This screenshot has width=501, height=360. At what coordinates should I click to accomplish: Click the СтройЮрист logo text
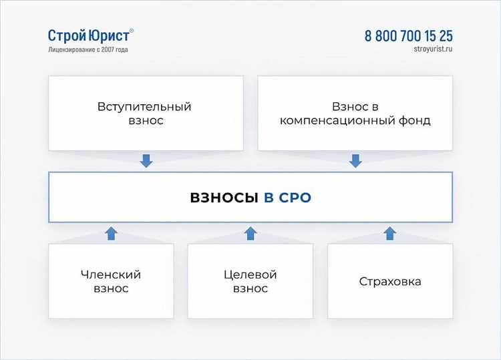(89, 36)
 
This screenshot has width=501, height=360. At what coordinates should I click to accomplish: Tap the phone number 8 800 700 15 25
(408, 36)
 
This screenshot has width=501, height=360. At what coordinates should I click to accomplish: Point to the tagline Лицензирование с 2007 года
(88, 50)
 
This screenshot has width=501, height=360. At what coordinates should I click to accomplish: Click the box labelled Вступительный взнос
(145, 114)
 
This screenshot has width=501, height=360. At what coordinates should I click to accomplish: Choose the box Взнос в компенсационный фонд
(355, 114)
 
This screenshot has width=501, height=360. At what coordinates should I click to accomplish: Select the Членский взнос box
(111, 281)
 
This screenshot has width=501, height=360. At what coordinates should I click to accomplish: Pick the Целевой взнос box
(251, 281)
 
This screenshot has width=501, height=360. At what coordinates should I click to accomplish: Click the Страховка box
(390, 281)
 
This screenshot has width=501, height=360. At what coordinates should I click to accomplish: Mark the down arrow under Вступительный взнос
(146, 161)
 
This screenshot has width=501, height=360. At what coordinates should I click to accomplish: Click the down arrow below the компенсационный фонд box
(356, 161)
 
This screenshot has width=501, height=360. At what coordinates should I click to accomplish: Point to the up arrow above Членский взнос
(111, 233)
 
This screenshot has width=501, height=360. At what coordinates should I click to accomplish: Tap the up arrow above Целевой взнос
(251, 233)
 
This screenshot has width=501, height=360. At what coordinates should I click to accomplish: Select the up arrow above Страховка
(390, 233)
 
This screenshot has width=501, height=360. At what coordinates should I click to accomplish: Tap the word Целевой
(251, 275)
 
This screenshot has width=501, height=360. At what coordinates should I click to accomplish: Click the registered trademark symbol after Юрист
(132, 31)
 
